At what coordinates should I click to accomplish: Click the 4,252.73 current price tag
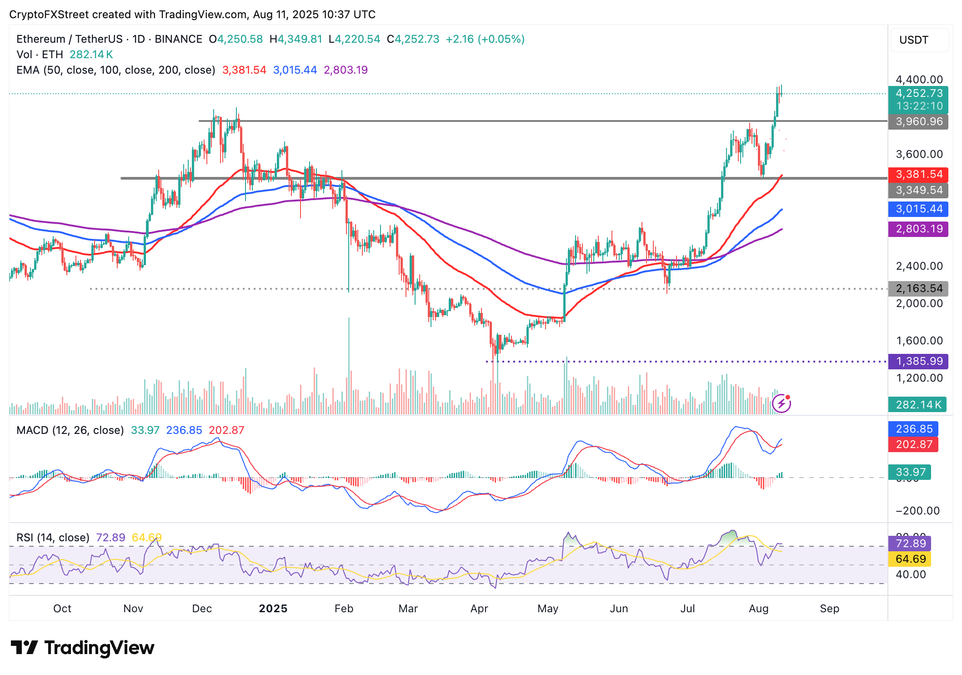tap(918, 94)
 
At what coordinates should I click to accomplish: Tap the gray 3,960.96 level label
tap(918, 122)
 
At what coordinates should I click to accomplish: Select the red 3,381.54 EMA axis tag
tap(918, 174)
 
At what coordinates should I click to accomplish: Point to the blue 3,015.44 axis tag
tap(918, 209)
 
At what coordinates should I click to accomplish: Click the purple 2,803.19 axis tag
tap(918, 229)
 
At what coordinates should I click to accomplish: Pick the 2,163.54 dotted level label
tap(918, 288)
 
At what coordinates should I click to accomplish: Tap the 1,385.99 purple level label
tap(918, 362)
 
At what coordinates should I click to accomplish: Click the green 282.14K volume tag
tap(917, 404)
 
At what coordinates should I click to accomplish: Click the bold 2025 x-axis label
tap(273, 609)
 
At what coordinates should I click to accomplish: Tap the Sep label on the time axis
tap(829, 609)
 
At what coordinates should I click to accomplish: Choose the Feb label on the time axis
tap(344, 609)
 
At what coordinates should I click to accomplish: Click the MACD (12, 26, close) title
tap(70, 430)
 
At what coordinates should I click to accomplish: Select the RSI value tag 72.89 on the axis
tap(910, 544)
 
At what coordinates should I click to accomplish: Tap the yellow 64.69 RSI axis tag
tap(910, 559)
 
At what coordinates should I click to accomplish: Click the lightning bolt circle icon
tap(781, 403)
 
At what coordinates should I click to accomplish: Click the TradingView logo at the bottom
tap(82, 648)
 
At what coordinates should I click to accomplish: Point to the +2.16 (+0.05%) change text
tap(485, 39)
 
